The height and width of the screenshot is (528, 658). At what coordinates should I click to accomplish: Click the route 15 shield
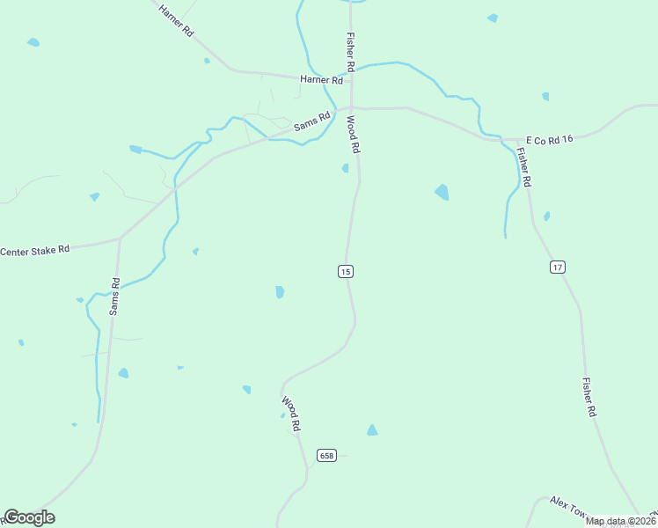345,272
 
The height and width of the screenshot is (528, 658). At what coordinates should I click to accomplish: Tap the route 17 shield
558,267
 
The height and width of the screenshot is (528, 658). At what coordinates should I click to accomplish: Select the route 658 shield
327,456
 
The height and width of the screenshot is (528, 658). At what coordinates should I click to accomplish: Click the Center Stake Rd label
35,251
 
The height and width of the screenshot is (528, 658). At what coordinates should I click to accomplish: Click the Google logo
29,517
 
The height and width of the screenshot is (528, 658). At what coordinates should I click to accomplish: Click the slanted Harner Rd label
176,18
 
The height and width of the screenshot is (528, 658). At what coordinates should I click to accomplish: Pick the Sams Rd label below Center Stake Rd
114,297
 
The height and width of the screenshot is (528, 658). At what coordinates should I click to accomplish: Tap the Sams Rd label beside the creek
311,121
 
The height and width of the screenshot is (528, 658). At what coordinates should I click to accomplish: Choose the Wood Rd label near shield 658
292,414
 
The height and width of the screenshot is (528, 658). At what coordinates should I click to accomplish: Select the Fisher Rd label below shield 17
589,397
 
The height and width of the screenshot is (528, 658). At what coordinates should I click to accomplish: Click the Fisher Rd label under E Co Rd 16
523,165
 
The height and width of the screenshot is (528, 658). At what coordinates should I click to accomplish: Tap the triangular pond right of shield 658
372,429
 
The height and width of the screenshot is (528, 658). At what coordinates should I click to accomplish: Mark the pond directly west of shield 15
280,292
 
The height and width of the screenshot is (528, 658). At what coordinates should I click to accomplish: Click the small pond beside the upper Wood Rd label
346,168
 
